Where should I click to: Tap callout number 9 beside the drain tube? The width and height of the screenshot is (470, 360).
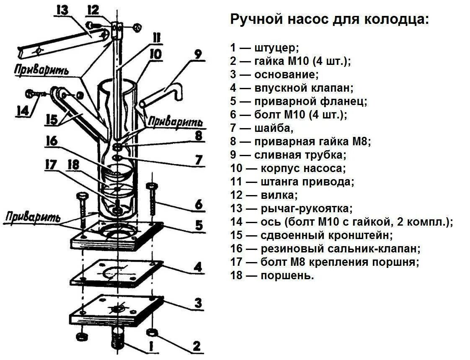pyautogui.click(x=198, y=54)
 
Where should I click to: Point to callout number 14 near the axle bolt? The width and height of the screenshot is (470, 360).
pyautogui.click(x=23, y=111)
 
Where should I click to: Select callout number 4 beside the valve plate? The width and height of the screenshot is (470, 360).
pyautogui.click(x=197, y=267)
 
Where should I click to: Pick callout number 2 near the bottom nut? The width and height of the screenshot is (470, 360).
pyautogui.click(x=196, y=346)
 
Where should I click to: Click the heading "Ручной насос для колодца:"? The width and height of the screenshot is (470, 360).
pyautogui.click(x=330, y=20)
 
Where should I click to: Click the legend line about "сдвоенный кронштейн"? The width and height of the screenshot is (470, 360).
pyautogui.click(x=312, y=235)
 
